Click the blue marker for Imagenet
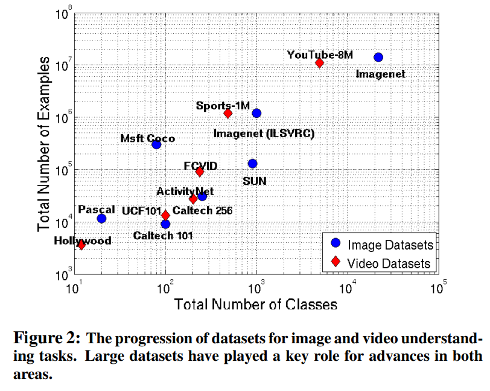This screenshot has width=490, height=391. coord(378,57)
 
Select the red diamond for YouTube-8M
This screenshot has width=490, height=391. coord(319,63)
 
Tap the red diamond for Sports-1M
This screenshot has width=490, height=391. coord(228,113)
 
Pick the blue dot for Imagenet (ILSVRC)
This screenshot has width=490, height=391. coord(256,113)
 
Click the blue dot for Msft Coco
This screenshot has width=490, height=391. coord(156,144)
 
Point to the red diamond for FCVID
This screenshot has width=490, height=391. coord(200,172)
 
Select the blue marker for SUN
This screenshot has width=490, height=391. coord(252,164)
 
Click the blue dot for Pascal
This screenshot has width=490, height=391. coord(101,218)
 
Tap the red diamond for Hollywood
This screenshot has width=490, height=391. coord(81,245)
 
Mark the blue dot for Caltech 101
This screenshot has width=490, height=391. coord(165,224)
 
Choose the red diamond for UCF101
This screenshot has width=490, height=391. coord(165,215)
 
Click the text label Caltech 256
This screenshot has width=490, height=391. coord(203,211)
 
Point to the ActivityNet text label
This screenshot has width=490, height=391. coord(185,191)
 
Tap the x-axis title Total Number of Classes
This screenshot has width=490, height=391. coord(256,304)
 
